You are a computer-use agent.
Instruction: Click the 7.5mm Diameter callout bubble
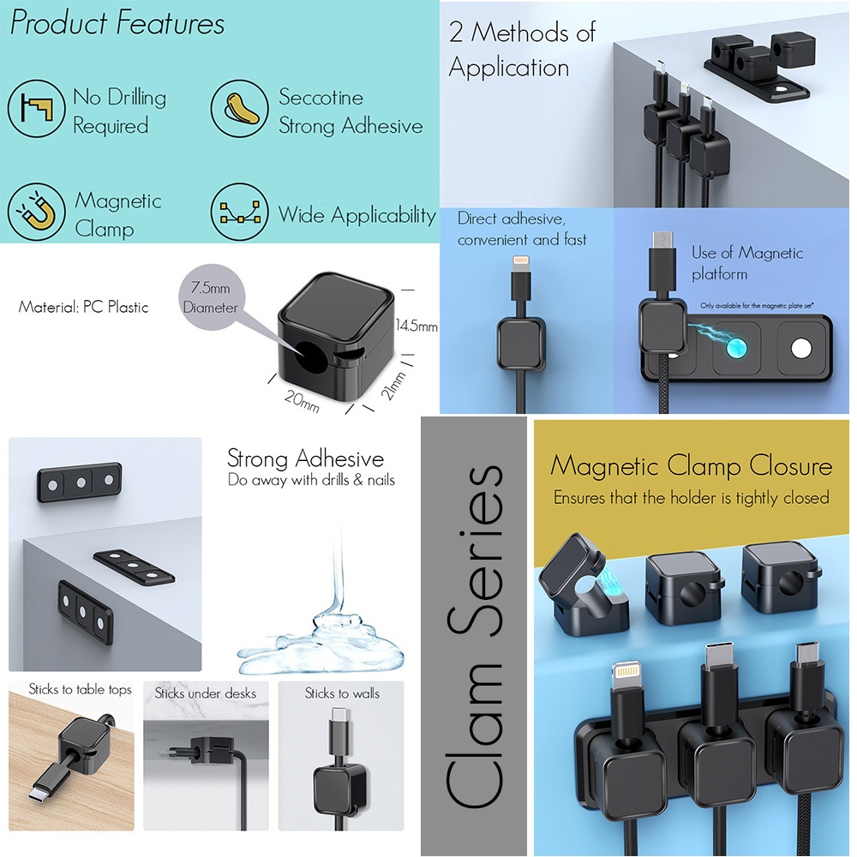[210, 297]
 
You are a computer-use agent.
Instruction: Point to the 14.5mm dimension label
[417, 327]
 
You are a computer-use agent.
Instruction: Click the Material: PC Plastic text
[83, 307]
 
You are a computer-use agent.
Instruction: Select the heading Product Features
[117, 24]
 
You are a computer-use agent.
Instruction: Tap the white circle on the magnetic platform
[801, 348]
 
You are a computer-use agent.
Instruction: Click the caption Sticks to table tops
[81, 689]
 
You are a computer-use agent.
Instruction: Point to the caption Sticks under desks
[206, 692]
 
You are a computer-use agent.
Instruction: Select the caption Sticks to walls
[343, 692]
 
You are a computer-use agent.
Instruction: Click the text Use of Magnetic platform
[747, 263]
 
